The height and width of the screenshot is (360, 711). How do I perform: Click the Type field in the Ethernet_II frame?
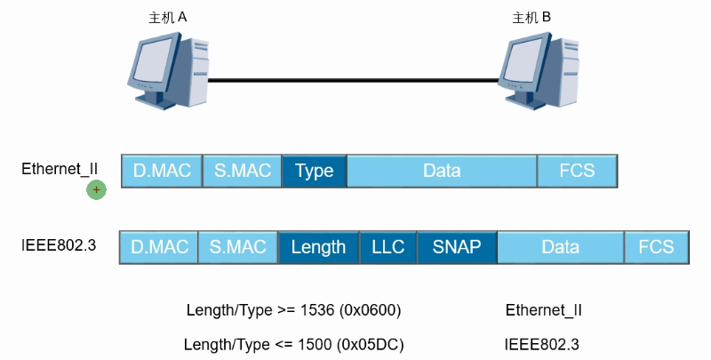314,171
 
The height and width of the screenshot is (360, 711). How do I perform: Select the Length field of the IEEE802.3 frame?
318,247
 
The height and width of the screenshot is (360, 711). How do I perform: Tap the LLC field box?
387,247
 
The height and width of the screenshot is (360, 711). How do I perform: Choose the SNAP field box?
456,247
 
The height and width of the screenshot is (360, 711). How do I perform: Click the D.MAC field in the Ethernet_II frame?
162,171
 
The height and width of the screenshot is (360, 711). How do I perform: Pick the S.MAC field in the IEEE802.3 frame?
237,247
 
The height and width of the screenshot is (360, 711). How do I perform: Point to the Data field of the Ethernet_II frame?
442,171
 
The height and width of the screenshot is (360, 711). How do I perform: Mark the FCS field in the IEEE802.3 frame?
656,247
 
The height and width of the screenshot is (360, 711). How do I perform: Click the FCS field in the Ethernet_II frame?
577,171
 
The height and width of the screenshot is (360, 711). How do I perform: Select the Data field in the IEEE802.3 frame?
560,247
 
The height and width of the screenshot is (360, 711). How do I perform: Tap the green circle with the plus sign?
96,189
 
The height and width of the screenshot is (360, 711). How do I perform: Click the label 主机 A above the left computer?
168,17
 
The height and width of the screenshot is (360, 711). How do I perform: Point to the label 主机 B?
532,17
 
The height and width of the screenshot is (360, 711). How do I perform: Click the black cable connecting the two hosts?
355,81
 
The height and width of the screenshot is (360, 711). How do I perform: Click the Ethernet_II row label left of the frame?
60,168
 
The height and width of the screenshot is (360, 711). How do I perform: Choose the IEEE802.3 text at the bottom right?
542,344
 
